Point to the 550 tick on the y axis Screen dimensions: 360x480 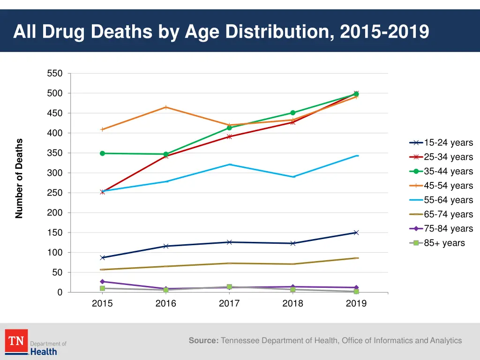[x=54, y=74]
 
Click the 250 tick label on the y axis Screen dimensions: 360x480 [x=54, y=193]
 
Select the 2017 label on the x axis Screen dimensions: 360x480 [x=229, y=304]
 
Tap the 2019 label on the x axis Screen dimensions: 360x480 [x=356, y=304]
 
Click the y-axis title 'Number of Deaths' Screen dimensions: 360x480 [x=19, y=179]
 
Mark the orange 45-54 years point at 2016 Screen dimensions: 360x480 [x=166, y=107]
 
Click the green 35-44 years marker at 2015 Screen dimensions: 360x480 [x=102, y=153]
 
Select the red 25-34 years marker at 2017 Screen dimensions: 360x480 [x=229, y=136]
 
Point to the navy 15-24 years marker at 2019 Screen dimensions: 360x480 [x=356, y=232]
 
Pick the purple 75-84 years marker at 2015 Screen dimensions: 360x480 [x=102, y=282]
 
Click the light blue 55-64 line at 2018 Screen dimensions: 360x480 [x=293, y=177]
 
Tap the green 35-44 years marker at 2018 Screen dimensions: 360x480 [x=293, y=113]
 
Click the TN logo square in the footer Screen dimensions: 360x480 [x=16, y=341]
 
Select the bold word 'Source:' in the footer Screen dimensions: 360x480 [x=203, y=341]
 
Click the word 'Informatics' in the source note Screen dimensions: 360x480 [x=392, y=341]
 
